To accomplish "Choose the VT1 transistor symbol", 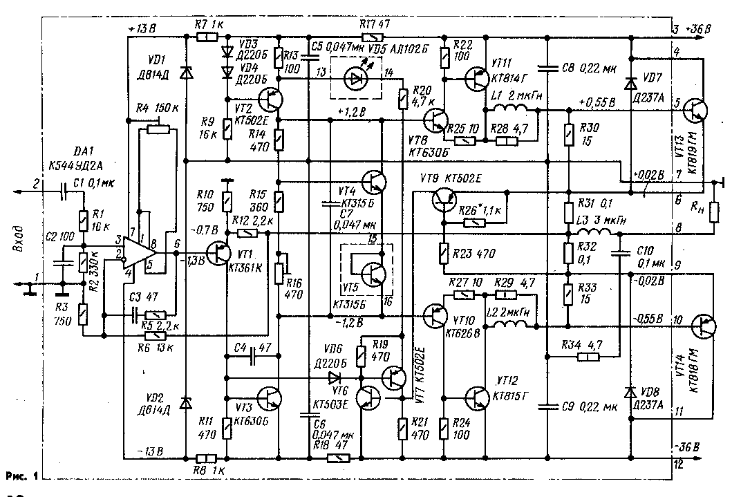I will pos(221,253).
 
